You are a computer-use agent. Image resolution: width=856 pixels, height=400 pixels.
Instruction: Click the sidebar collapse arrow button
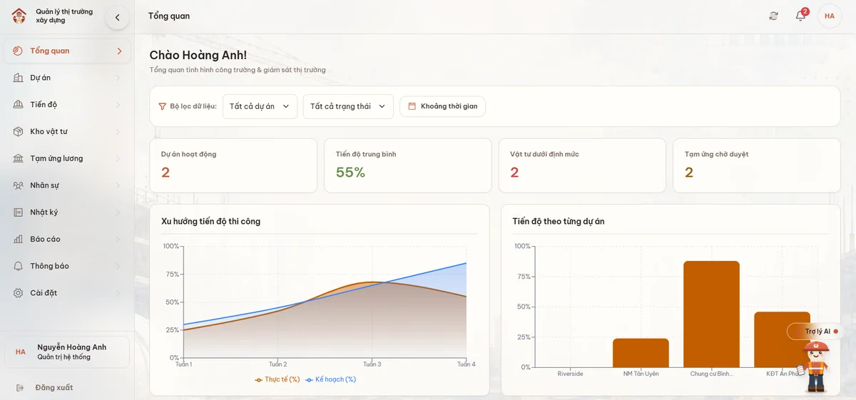pos(117,17)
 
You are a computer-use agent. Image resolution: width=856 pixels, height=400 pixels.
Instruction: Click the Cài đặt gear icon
pos(18,293)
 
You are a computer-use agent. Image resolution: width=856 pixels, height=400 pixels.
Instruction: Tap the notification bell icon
pos(800,16)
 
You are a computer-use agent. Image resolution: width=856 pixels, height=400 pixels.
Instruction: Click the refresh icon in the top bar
pos(773,16)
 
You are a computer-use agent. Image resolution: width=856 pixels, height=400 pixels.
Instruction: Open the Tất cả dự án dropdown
pos(260,106)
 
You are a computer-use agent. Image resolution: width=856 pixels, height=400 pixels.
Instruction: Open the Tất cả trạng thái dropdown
pos(348,106)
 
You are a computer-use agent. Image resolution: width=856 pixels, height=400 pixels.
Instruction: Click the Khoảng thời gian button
pos(442,106)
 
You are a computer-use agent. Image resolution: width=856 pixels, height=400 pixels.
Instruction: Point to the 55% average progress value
pos(350,173)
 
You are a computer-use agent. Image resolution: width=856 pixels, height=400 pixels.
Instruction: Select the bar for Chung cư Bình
pos(712,314)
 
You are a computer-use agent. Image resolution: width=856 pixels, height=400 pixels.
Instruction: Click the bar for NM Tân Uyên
pos(641,353)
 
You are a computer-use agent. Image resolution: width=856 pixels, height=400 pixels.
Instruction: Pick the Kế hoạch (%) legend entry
pos(331,379)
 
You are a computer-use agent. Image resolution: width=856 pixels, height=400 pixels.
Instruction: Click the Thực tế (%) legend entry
pos(277,379)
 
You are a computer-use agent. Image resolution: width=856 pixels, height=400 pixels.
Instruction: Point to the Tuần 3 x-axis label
pos(372,364)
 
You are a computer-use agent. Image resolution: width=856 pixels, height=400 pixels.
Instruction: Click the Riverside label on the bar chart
pos(570,374)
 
